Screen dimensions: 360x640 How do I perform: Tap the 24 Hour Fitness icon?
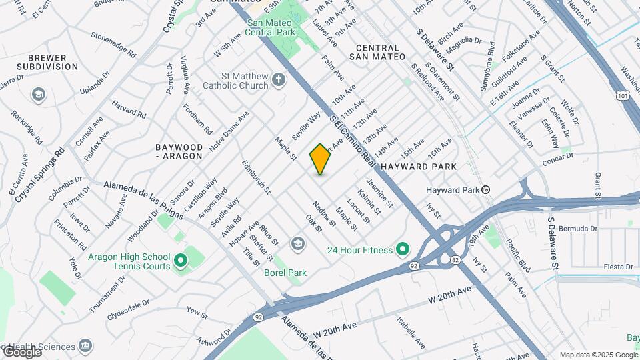(402, 250)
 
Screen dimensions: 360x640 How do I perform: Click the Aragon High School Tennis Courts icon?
(180, 261)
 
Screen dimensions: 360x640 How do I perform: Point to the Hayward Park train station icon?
(487, 190)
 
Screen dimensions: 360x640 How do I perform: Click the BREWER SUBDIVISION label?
(47, 63)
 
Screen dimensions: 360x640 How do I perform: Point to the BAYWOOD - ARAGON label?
(178, 151)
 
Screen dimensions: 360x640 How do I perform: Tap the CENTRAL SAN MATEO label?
(378, 53)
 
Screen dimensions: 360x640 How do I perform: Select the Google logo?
(22, 351)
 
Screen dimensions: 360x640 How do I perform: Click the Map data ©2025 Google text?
(598, 355)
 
